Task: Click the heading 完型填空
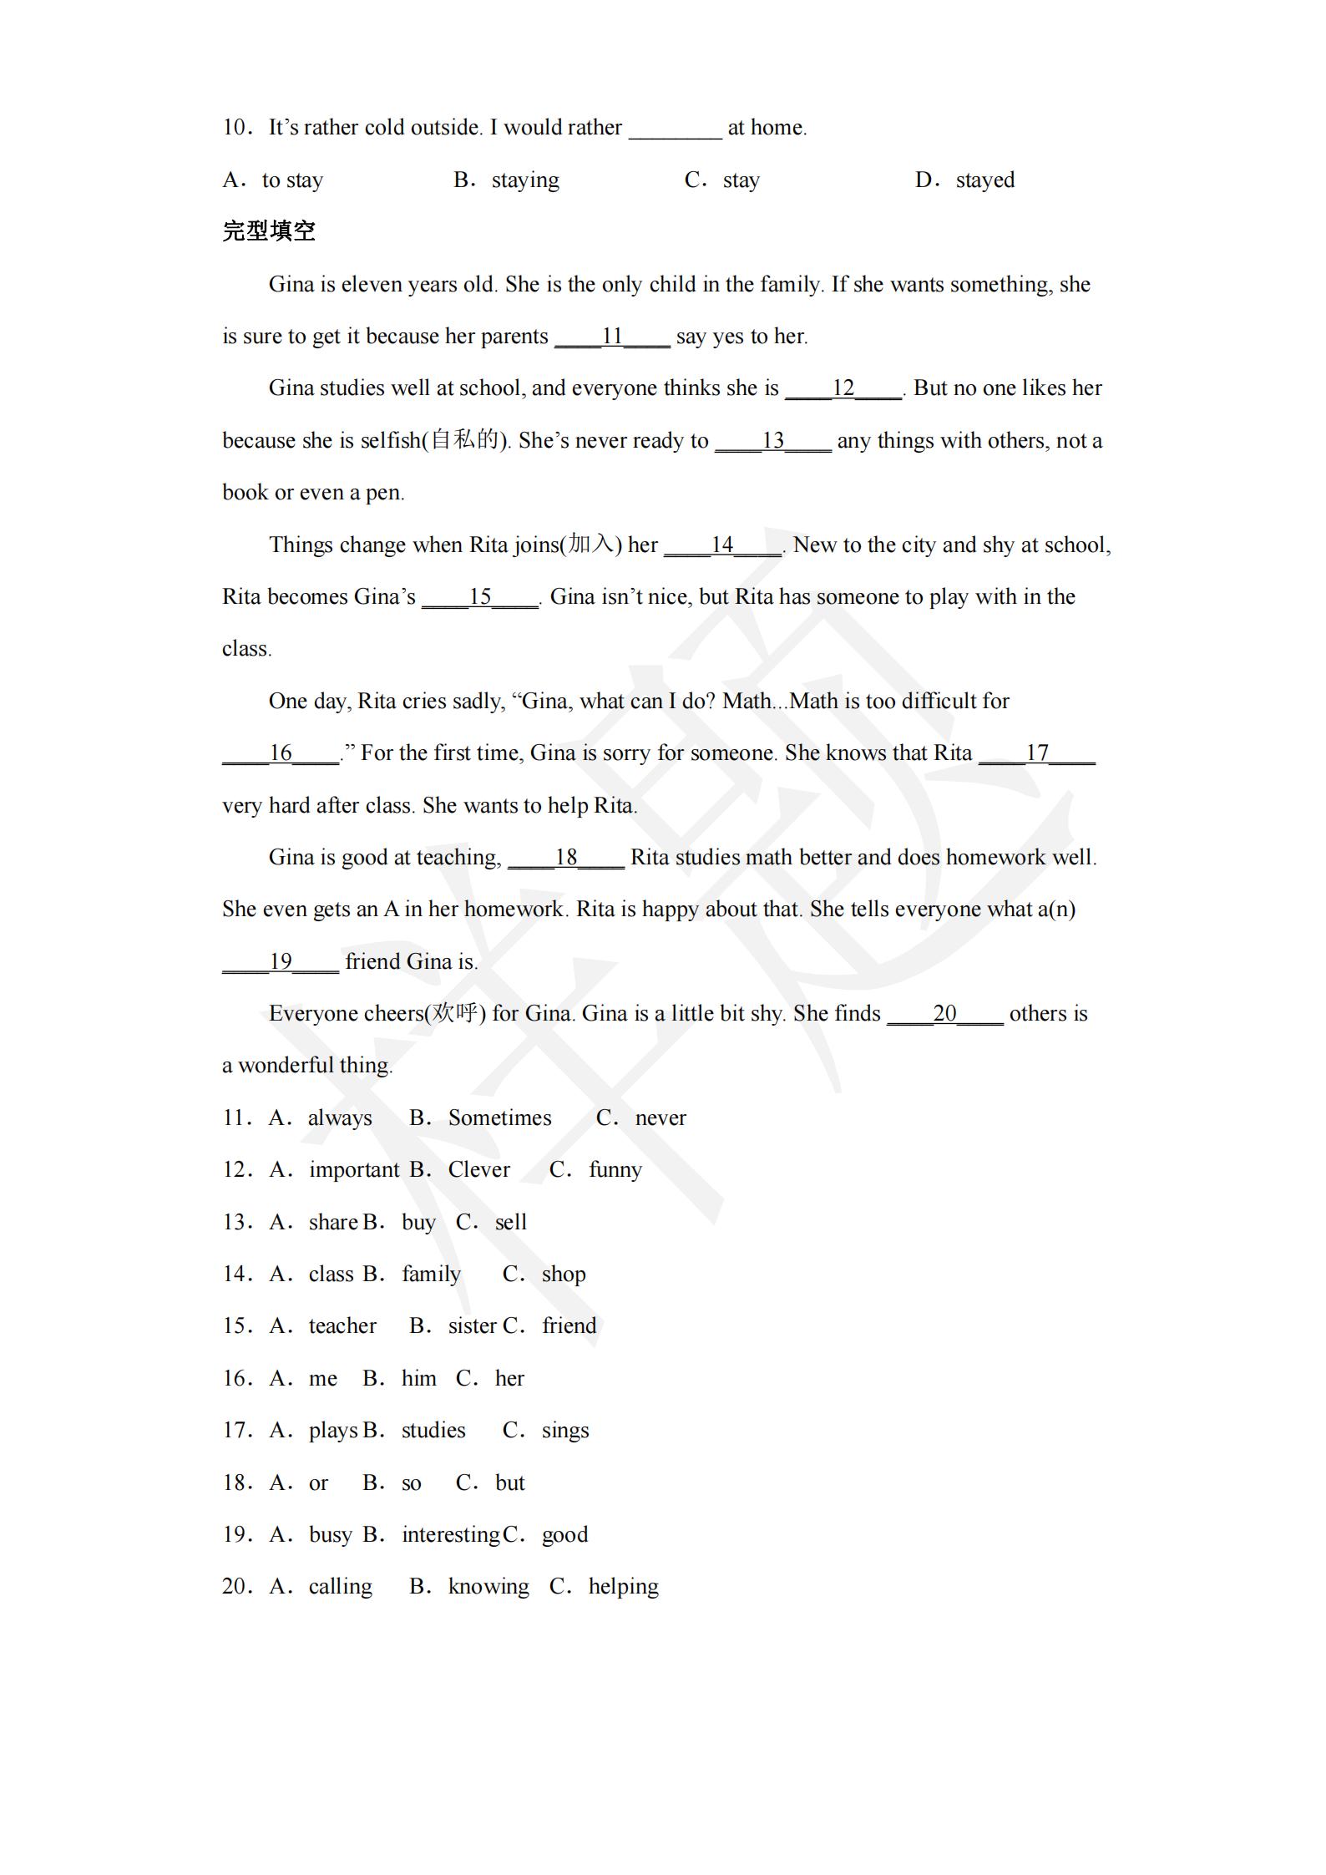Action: click(269, 231)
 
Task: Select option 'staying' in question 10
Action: click(524, 180)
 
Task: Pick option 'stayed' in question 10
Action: click(984, 180)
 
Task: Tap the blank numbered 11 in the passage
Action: click(612, 337)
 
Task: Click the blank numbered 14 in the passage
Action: click(721, 545)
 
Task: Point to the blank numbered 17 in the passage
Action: click(1036, 753)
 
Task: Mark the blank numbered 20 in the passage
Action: click(944, 1014)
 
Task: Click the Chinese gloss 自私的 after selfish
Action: click(464, 440)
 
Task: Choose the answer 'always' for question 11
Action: click(340, 1118)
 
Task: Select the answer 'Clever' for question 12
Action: click(478, 1170)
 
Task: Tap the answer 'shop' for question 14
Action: click(564, 1274)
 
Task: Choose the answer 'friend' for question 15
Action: click(569, 1326)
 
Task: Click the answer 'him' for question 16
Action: click(418, 1379)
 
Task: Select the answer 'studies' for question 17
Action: click(433, 1431)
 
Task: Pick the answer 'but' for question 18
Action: click(509, 1483)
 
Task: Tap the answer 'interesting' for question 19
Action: click(450, 1535)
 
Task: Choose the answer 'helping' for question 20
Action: click(623, 1587)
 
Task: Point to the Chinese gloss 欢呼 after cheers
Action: click(454, 1014)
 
